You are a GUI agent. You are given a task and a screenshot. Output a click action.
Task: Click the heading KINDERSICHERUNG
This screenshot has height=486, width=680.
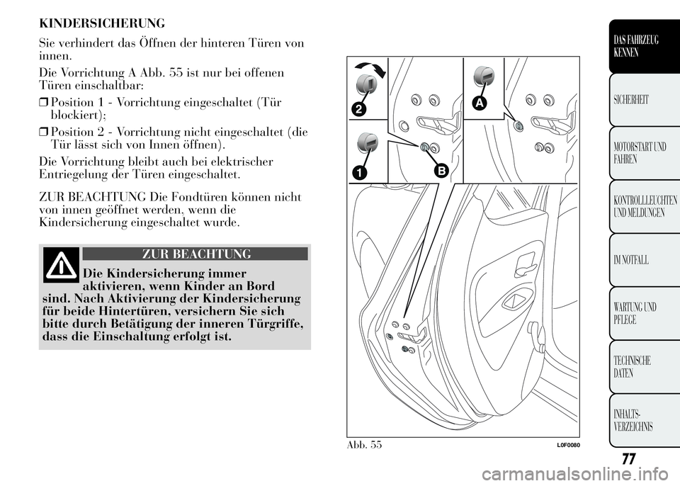click(102, 23)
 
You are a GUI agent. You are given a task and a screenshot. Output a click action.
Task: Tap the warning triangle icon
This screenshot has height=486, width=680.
click(61, 265)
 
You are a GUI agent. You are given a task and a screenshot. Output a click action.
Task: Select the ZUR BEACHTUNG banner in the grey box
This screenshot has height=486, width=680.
click(195, 254)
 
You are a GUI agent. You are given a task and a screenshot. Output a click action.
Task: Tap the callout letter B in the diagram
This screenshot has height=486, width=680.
click(441, 171)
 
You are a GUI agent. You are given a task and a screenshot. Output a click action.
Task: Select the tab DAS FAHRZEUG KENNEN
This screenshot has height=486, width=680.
click(645, 46)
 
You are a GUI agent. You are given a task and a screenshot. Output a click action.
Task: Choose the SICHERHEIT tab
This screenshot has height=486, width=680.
click(645, 100)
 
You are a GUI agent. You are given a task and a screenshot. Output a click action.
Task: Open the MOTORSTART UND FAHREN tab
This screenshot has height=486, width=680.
click(645, 153)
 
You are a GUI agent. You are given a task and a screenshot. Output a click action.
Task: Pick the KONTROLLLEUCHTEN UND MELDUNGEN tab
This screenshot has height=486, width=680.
click(645, 207)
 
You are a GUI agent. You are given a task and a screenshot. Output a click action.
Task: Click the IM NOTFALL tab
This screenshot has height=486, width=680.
click(645, 260)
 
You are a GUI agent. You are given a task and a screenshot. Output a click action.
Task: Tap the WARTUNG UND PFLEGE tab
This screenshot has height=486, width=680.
click(645, 313)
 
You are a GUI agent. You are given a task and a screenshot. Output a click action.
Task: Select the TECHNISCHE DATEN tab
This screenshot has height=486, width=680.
click(645, 367)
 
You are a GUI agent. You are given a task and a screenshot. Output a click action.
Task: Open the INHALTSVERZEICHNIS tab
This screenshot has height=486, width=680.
click(645, 420)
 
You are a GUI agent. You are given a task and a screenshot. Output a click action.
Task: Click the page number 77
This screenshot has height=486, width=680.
click(628, 458)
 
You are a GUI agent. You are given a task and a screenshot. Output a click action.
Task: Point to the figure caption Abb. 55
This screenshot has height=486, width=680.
click(364, 445)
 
